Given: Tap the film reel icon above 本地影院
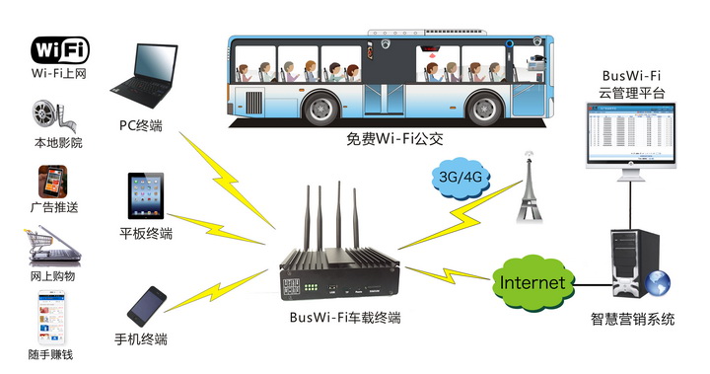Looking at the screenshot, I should [x=57, y=117].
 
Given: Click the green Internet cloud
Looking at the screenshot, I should [x=532, y=283].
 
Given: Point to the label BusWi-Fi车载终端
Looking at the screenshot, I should [x=345, y=318].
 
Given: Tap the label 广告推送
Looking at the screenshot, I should [x=57, y=208].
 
